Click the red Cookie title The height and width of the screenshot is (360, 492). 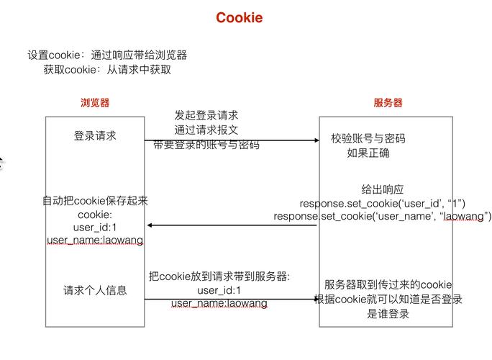[239, 18]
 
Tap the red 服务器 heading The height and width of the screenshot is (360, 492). [388, 103]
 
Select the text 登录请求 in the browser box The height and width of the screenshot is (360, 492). [94, 136]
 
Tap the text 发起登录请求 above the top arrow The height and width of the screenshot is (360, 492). [206, 115]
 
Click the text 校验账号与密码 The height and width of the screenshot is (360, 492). [368, 138]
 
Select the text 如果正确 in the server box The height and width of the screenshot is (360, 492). [368, 153]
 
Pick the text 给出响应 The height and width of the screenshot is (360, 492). [382, 189]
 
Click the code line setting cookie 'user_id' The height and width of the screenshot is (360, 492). [382, 203]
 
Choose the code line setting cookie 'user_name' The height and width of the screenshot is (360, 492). [382, 216]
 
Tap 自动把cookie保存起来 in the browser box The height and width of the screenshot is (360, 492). [94, 201]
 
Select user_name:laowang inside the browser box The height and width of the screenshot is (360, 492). [94, 240]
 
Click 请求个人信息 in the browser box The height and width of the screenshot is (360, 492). [94, 290]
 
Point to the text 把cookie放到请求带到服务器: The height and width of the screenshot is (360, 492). [219, 276]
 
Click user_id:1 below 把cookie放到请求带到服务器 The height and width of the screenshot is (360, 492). [219, 290]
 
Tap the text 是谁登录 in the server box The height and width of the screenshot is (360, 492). [388, 313]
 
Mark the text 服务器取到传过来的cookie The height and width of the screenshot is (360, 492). [388, 284]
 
